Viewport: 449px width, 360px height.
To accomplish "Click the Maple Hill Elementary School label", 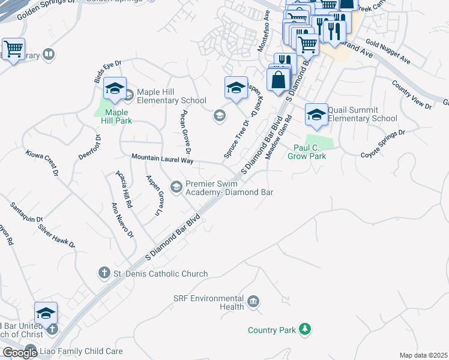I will (x=171, y=96).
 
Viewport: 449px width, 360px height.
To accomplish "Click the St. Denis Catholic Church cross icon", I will (x=104, y=274).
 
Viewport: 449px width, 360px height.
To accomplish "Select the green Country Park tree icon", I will (x=306, y=329).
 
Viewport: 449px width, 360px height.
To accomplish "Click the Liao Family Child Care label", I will (x=82, y=352).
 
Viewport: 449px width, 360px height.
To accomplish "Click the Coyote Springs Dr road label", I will (x=383, y=144).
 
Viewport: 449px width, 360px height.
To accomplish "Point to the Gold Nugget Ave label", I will (x=387, y=53).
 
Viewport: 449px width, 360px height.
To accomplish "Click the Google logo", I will (x=20, y=353).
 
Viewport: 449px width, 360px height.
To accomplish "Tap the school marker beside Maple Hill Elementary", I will (x=115, y=89).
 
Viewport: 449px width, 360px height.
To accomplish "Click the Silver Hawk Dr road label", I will (x=56, y=236).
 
